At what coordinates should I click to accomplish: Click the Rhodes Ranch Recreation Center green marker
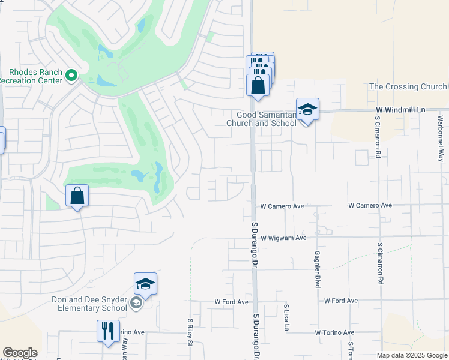coord(71,76)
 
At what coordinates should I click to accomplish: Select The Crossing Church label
coord(408,87)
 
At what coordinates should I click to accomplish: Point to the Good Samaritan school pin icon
coord(307,110)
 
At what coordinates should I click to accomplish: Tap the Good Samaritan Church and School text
coord(261,119)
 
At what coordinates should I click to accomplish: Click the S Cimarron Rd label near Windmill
coord(378,136)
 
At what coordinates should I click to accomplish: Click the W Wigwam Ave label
coord(283,238)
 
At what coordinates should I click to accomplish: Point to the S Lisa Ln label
coord(286,317)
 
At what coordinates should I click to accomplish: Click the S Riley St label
coord(190,332)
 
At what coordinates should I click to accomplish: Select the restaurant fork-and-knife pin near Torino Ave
coord(108,331)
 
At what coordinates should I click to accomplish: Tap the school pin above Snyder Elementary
coord(145,283)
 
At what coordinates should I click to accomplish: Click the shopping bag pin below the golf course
coord(77,196)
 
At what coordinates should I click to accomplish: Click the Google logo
coord(20,353)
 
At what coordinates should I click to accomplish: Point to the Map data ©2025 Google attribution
coord(412,355)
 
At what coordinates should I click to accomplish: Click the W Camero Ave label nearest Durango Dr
coord(282,206)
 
